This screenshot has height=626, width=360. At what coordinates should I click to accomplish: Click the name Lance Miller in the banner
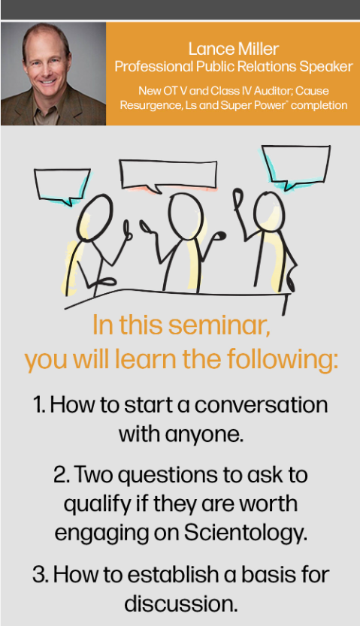[x=234, y=49]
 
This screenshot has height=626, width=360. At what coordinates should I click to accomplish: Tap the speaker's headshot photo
[x=53, y=74]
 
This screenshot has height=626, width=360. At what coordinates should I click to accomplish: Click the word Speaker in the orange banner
[x=326, y=67]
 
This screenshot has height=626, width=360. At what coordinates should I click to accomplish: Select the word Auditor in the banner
[x=272, y=91]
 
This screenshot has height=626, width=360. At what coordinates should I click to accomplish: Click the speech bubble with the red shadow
[x=168, y=176]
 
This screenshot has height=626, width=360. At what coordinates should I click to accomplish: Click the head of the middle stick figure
[x=186, y=216]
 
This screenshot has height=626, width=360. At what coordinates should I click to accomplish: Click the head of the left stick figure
[x=95, y=218]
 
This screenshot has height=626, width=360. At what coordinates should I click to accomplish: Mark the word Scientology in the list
[x=246, y=533]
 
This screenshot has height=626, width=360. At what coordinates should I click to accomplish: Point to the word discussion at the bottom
[x=181, y=604]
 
